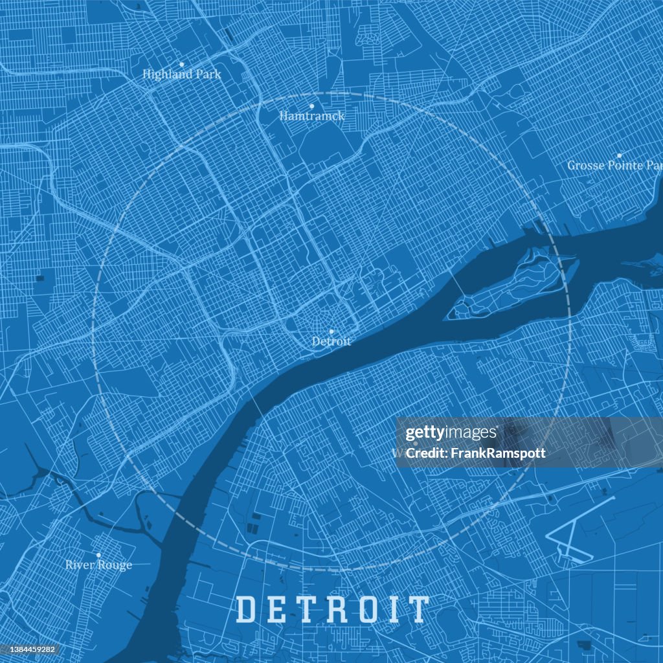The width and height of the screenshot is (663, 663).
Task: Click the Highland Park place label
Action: click(x=182, y=74)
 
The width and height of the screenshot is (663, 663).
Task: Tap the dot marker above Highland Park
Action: click(x=182, y=65)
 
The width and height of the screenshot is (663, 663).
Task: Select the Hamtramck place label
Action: click(x=312, y=116)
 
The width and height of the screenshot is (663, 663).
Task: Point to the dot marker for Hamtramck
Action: click(x=311, y=106)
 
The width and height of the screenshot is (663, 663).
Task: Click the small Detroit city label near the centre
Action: click(x=331, y=341)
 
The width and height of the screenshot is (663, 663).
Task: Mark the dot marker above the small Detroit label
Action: click(x=331, y=331)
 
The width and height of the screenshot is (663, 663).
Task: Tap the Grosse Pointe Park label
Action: click(x=614, y=165)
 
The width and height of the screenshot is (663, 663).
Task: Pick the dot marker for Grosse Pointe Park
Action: click(x=620, y=155)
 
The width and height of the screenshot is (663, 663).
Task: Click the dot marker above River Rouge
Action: click(x=98, y=556)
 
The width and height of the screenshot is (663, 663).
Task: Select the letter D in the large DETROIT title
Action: click(x=247, y=609)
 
